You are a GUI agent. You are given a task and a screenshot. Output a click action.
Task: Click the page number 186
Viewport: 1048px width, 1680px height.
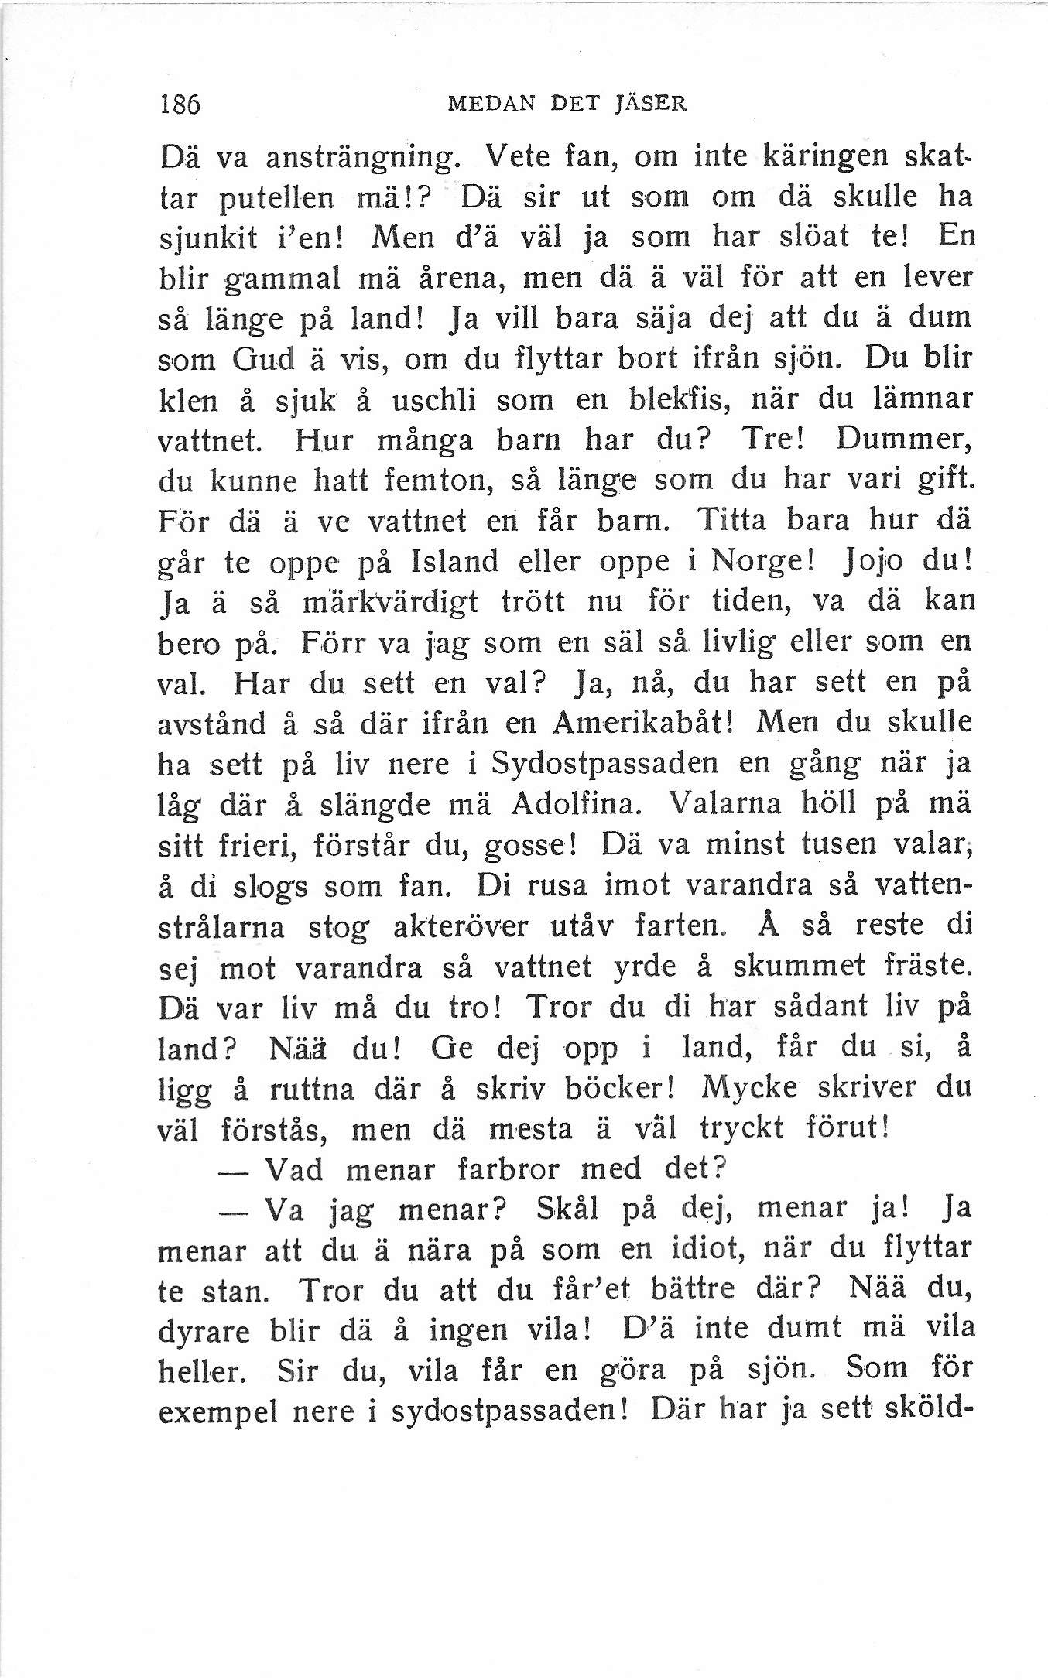pos(180,104)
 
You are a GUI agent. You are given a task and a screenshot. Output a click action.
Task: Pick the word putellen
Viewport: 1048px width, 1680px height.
pos(277,199)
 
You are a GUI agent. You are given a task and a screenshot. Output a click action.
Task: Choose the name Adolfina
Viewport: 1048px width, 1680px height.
pos(575,804)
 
